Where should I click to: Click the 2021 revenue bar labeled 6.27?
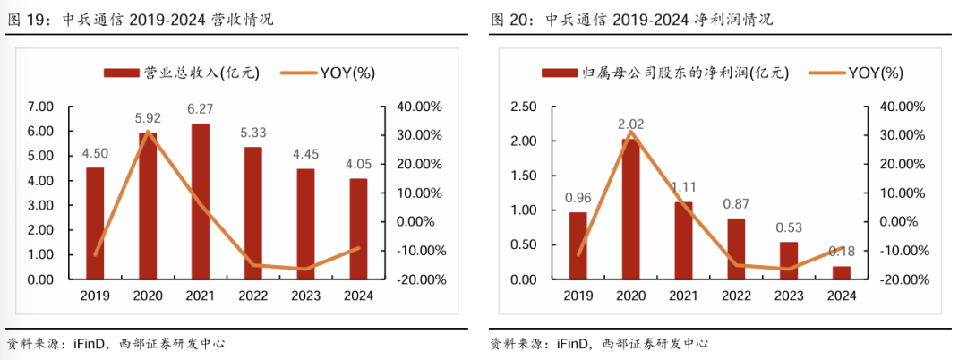click(x=201, y=201)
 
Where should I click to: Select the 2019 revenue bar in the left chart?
click(x=94, y=223)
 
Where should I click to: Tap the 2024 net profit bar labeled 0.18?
click(x=841, y=273)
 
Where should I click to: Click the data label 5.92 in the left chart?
click(x=148, y=117)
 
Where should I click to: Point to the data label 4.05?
click(x=359, y=164)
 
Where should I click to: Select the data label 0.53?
click(x=789, y=227)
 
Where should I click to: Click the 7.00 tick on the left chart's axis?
click(x=41, y=107)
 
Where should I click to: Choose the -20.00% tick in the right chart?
click(x=903, y=279)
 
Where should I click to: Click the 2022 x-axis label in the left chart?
click(x=253, y=296)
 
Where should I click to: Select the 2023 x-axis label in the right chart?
click(x=789, y=296)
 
